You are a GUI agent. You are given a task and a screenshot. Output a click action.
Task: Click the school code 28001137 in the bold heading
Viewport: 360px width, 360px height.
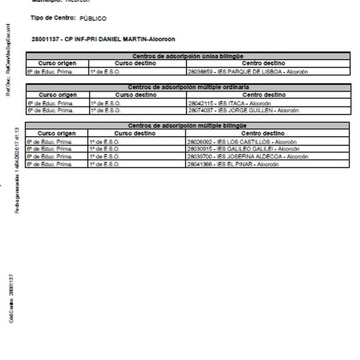point(44,39)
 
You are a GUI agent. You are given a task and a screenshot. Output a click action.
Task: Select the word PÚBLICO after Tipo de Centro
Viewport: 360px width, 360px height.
point(92,19)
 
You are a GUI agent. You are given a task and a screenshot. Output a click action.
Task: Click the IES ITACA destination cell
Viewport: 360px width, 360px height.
point(220,103)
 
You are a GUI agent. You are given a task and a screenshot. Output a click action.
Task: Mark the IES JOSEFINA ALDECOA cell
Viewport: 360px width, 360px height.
point(238,156)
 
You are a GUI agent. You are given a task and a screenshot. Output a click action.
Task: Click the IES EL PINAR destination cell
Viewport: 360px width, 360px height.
point(223,164)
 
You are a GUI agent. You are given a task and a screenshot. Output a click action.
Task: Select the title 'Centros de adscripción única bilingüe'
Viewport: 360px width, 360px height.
point(188,56)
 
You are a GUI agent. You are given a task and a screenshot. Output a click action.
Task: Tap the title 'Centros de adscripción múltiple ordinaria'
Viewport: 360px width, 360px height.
point(188,87)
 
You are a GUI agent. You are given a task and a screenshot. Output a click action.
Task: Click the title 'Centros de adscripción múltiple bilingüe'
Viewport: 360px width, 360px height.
point(188,126)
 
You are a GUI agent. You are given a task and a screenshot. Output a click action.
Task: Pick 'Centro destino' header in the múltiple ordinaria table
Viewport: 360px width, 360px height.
point(263,95)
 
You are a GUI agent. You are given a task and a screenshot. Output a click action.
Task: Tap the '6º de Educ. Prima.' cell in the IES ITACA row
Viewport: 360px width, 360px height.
point(50,103)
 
